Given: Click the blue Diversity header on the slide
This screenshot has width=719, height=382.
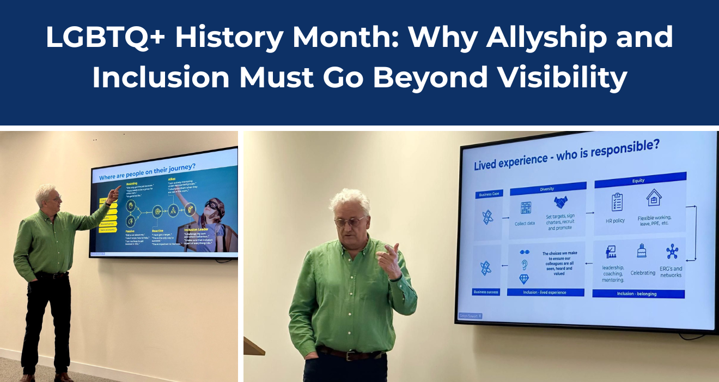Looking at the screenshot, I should (547, 189).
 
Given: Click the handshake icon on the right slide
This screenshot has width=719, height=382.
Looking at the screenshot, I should (562, 202).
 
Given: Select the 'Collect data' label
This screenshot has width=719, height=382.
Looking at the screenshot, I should (525, 223).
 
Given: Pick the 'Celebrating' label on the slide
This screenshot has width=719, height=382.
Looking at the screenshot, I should (643, 272).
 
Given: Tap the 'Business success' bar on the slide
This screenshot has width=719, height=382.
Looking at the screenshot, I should (486, 292).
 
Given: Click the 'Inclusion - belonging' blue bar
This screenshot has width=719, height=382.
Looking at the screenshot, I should (636, 294).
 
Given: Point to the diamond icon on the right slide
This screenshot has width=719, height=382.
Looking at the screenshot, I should (524, 279).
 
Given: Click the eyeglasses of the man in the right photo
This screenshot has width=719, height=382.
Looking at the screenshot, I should (350, 220).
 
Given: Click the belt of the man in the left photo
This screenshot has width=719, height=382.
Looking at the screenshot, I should (51, 276).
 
